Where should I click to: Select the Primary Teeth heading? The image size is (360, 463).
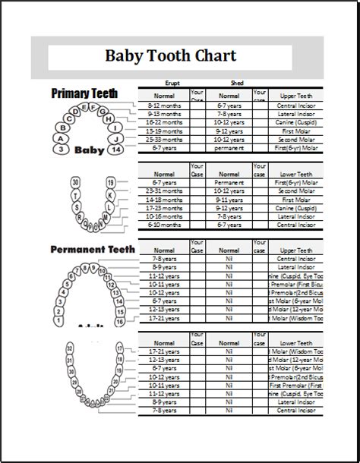(84, 93)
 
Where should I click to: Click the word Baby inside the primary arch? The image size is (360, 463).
(90, 150)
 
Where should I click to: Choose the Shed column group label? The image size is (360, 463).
(235, 83)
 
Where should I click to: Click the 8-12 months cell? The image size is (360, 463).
(163, 106)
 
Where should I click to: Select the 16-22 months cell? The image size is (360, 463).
(163, 121)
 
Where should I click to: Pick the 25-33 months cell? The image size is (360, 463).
(163, 139)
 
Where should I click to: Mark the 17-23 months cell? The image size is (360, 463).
(163, 209)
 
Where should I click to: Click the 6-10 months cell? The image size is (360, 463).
(163, 225)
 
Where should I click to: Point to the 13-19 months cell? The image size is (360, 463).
(163, 131)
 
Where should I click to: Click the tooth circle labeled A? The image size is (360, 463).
(59, 138)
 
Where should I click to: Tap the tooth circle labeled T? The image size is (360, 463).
(74, 194)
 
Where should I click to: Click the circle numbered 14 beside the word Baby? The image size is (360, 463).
(116, 150)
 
